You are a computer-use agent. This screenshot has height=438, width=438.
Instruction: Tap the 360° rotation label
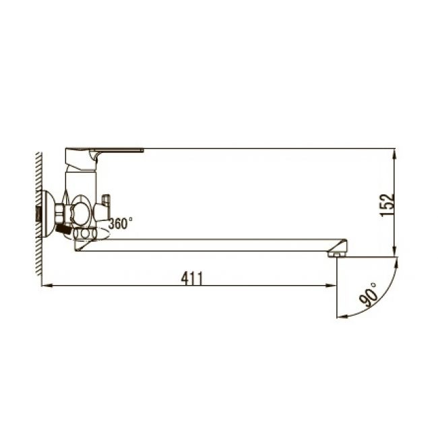(121, 223)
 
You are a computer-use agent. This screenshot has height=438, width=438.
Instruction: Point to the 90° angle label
(370, 294)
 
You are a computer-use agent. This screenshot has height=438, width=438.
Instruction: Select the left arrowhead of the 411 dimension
(46, 287)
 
